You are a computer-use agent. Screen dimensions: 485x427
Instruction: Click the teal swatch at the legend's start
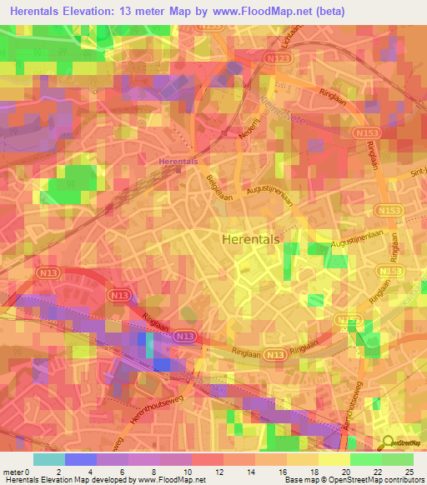coord(48,459)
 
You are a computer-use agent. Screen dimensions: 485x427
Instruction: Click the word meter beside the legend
coord(13,471)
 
